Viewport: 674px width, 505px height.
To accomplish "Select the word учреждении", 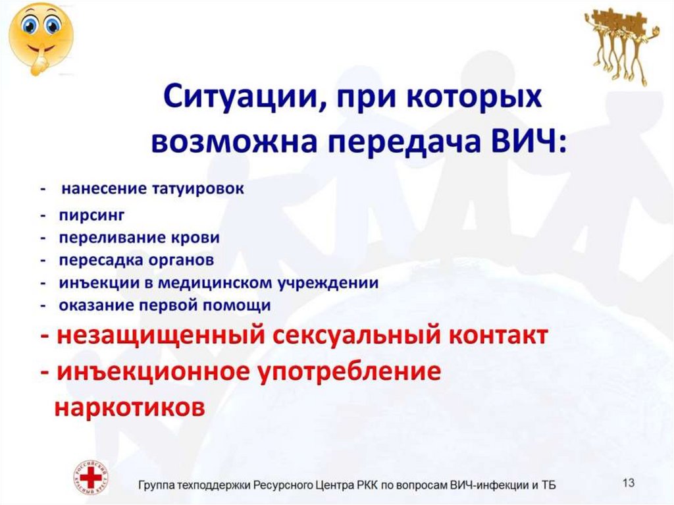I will tap(332, 283).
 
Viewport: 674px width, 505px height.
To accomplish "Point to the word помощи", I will tap(242, 306).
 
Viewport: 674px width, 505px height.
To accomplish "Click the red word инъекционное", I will tap(155, 372).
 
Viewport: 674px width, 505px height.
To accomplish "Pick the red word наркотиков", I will tap(129, 406).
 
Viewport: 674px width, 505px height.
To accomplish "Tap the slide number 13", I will tap(628, 483).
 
